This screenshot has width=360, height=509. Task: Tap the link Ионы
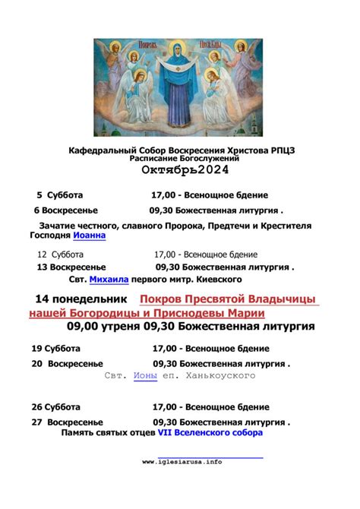tap(144, 376)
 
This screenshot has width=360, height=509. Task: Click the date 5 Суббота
tap(60, 195)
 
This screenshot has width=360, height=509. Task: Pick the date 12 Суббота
tap(61, 254)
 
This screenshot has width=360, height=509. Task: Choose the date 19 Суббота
tap(55, 349)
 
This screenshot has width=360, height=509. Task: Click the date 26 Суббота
tap(55, 407)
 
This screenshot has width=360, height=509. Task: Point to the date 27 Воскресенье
tap(68, 422)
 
